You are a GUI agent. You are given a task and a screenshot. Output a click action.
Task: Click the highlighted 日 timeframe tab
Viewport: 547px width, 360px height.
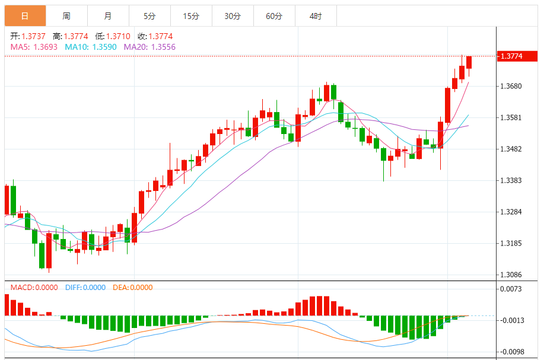24,16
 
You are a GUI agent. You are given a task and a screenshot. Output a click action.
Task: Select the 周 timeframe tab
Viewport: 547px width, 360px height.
66,16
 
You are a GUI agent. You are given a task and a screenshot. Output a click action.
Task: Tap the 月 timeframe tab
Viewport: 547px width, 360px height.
107,16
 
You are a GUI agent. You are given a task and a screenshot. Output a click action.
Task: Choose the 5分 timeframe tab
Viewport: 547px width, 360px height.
150,16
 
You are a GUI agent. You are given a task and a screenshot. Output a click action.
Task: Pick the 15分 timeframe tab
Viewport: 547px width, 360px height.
191,16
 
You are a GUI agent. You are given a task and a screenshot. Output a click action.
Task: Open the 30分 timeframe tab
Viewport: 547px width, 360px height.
233,16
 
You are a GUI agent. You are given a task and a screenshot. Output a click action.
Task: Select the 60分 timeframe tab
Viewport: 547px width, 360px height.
274,16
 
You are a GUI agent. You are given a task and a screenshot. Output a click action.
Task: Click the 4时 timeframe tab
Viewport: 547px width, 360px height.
316,16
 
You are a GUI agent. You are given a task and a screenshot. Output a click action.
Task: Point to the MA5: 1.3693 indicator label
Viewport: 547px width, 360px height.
34,46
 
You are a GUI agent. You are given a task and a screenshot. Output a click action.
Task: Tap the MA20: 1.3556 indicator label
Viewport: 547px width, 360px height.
150,46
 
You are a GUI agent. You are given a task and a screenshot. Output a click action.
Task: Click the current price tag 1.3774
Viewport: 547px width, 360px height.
511,56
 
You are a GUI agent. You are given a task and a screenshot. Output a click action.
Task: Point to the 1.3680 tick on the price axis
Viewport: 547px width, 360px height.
511,87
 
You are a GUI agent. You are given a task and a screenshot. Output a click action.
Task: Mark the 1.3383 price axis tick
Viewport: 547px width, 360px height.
511,180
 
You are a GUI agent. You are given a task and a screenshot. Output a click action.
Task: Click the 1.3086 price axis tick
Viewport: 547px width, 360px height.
511,275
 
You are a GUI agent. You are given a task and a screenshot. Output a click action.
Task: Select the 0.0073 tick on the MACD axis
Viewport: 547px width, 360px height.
511,289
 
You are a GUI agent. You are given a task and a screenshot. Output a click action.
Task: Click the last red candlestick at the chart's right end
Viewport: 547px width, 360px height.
469,63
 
